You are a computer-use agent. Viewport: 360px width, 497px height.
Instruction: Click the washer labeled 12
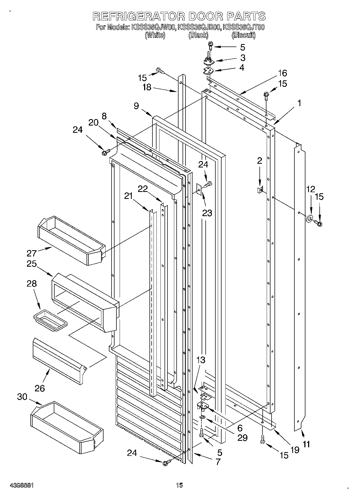[310, 219]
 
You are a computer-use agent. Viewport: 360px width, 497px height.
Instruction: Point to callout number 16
[283, 73]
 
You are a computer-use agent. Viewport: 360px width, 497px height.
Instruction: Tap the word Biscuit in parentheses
[243, 35]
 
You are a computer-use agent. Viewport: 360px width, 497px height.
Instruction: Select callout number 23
[207, 213]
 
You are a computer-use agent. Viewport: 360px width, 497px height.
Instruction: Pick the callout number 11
[306, 444]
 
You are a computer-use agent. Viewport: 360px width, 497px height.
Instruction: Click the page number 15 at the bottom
[179, 485]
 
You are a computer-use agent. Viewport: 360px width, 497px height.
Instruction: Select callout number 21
[129, 196]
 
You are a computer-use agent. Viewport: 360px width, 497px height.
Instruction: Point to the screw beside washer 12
[319, 223]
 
